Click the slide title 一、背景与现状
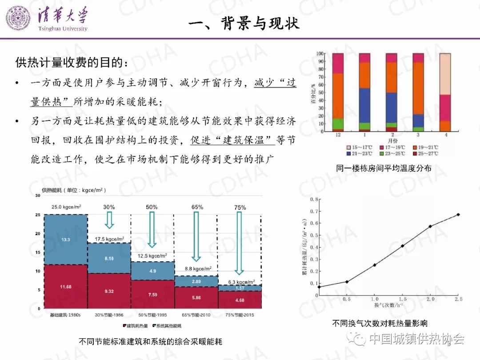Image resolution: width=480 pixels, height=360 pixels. click(x=244, y=23)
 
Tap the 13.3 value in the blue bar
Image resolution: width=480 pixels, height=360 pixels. click(x=65, y=240)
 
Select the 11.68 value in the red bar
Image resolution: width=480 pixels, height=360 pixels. click(x=65, y=287)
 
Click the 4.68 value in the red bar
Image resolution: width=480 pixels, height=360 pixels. click(x=240, y=300)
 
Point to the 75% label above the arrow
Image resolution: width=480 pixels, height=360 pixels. click(x=240, y=208)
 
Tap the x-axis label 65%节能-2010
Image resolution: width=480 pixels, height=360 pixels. click(x=196, y=315)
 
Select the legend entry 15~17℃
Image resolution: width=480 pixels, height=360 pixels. click(x=360, y=147)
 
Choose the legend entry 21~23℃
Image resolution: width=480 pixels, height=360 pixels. click(x=360, y=153)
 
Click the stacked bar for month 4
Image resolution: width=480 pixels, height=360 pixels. click(x=445, y=92)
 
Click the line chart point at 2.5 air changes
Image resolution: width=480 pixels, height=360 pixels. click(x=458, y=215)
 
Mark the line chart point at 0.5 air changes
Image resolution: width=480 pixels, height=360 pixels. click(x=347, y=282)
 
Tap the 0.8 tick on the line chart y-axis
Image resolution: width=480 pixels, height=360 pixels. click(x=314, y=200)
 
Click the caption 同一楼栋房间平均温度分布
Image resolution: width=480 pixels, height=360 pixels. click(x=384, y=168)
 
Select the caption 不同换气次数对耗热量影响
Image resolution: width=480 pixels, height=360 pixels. click(x=380, y=324)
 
